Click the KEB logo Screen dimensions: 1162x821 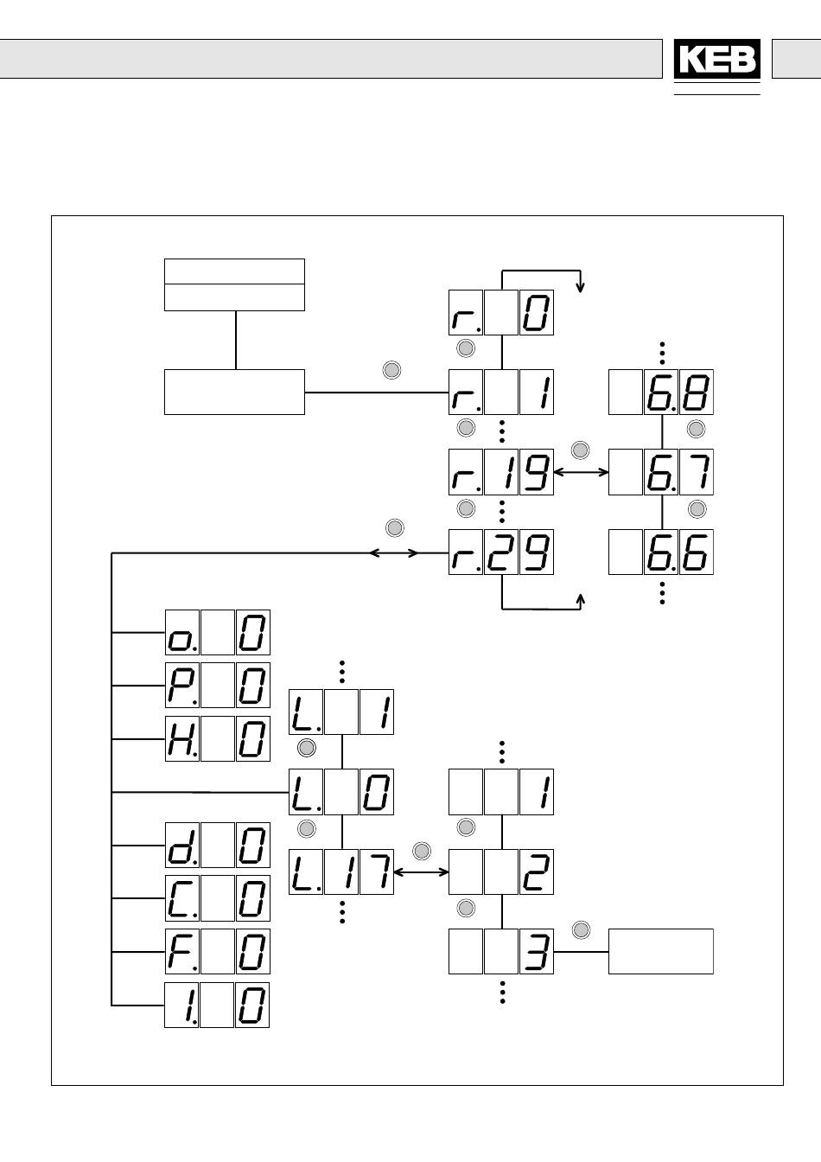pos(716,60)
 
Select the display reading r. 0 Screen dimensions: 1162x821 pos(501,313)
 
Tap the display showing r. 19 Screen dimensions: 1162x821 pos(501,472)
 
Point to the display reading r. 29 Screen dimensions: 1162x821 pos(501,552)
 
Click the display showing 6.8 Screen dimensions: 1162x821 pos(661,393)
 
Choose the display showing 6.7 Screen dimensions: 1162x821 pos(661,472)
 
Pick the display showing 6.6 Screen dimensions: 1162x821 pos(661,552)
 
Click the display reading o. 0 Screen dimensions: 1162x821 pos(217,632)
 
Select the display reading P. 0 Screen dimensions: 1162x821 pos(217,686)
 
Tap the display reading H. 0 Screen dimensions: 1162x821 pos(217,739)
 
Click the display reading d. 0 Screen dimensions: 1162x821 pos(217,845)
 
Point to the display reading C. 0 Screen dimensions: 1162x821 pos(217,898)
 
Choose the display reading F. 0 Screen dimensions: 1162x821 pos(217,952)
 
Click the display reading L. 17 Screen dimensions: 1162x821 pos(341,871)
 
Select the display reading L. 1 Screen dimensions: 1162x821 pos(341,712)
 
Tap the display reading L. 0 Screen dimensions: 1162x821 pos(341,792)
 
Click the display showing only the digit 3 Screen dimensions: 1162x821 pos(501,951)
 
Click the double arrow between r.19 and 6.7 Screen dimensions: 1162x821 pos(581,472)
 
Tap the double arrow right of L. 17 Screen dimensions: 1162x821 pos(422,872)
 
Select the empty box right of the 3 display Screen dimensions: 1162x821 pos(661,951)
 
